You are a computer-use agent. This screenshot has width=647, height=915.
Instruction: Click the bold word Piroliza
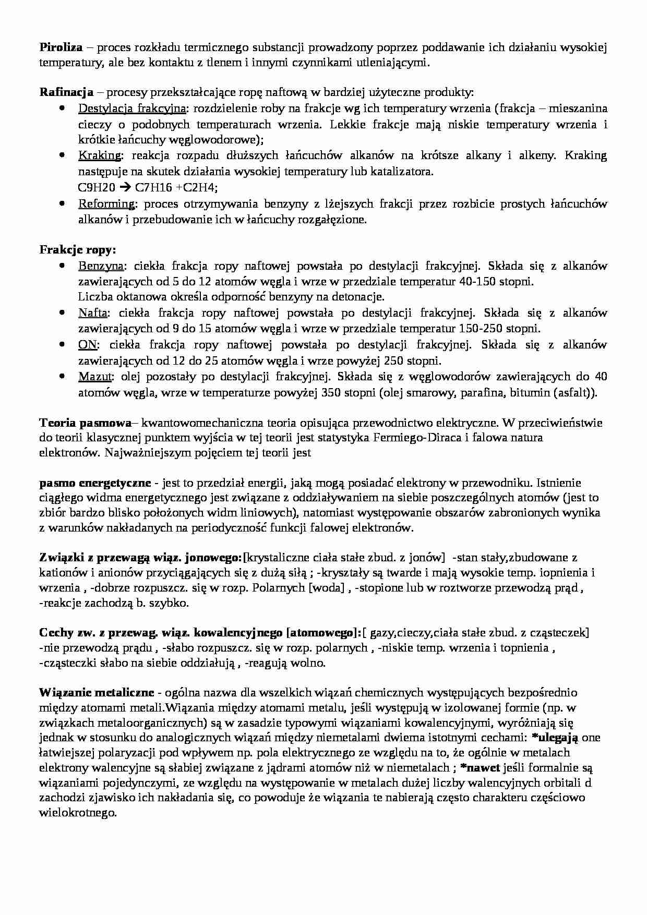61,47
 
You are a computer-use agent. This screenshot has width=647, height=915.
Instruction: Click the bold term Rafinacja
66,92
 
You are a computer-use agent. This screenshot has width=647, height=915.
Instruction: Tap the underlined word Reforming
106,203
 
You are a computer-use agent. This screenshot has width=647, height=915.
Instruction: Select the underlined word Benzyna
101,266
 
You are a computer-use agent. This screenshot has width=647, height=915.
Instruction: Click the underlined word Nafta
93,313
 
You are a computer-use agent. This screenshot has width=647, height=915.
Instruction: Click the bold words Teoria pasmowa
86,422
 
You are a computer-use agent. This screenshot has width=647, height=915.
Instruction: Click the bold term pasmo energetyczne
95,483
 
